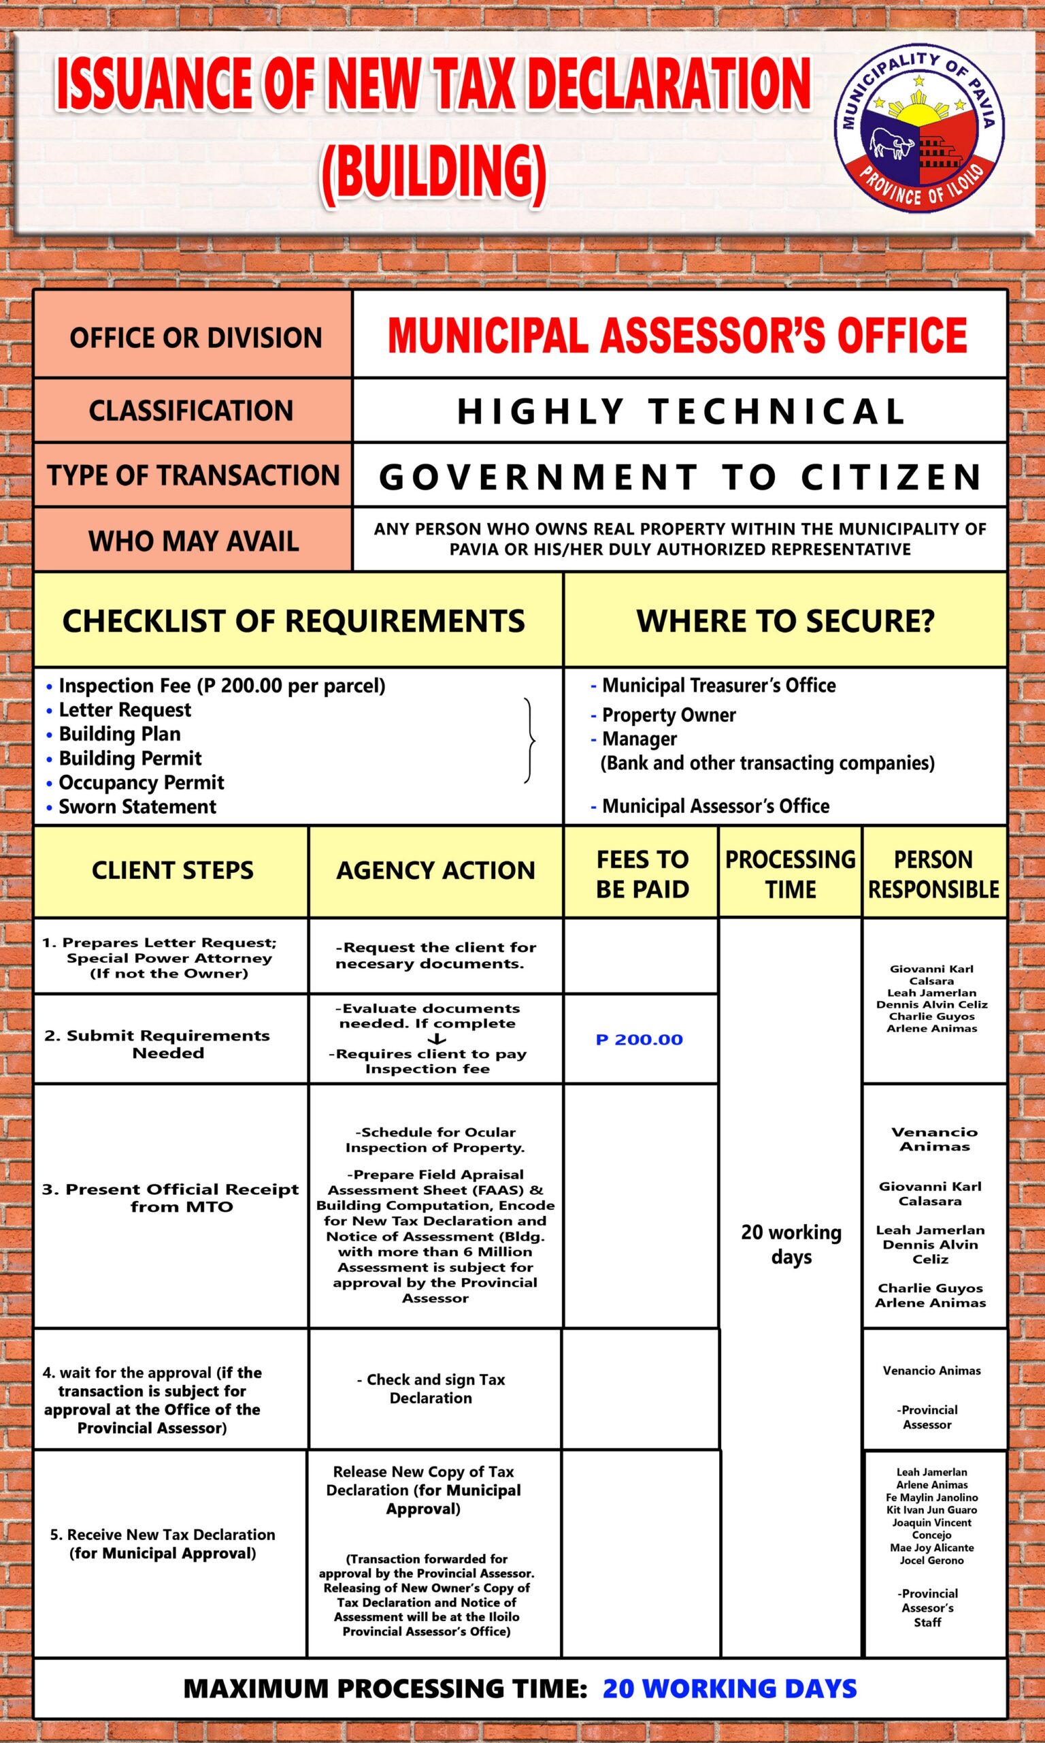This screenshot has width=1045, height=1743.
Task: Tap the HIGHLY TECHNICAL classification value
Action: [x=680, y=411]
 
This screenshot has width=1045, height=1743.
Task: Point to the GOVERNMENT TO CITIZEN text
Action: [x=680, y=476]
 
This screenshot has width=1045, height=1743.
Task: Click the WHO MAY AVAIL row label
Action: [x=193, y=541]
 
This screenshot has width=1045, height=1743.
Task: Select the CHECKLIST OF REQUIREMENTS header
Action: [x=294, y=621]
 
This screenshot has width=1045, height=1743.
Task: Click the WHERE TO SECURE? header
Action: [x=785, y=621]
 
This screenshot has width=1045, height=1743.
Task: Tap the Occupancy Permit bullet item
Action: [x=141, y=783]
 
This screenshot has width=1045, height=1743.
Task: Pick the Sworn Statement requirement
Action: [x=137, y=807]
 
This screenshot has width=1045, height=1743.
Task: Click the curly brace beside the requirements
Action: [x=530, y=741]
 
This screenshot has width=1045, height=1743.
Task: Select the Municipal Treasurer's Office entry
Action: [x=718, y=686]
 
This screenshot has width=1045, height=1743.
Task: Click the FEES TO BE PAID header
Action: [x=642, y=874]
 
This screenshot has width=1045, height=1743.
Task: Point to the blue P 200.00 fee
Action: [x=640, y=1040]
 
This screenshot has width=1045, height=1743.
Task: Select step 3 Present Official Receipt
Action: [x=169, y=1198]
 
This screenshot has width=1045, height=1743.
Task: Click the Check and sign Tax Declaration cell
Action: [x=431, y=1389]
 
